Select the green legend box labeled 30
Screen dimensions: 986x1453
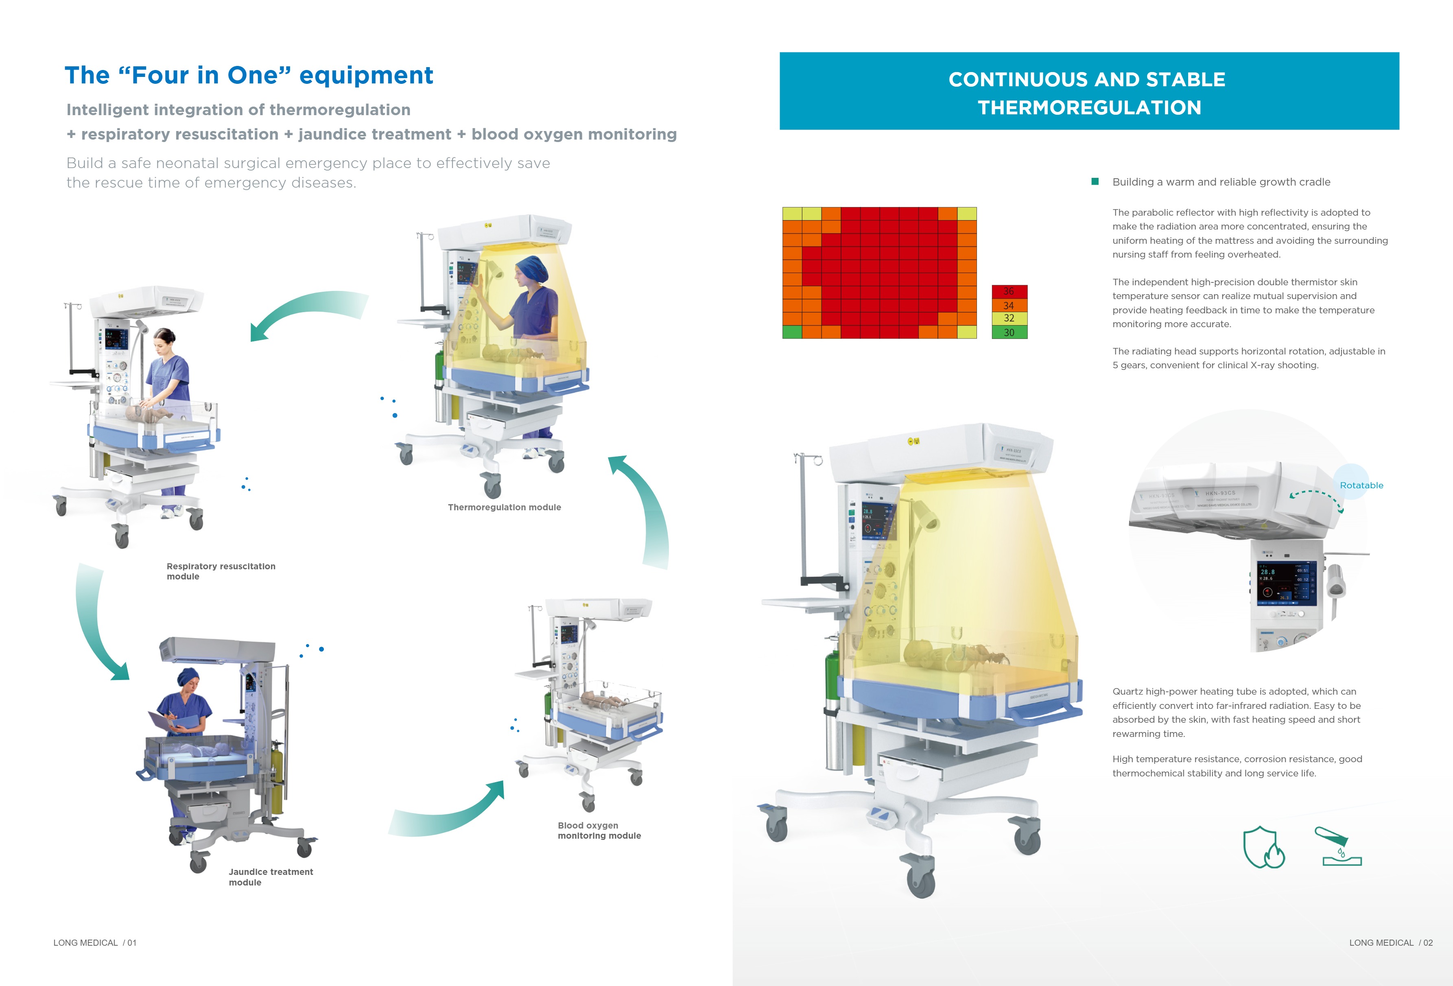(1009, 332)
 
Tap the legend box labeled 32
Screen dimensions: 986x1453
(1009, 318)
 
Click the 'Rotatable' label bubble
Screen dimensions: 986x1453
(1361, 485)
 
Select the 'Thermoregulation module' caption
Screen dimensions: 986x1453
(504, 507)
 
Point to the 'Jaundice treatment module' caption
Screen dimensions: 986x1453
(271, 877)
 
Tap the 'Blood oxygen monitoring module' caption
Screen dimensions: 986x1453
(599, 830)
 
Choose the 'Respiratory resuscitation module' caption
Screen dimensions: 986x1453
(221, 571)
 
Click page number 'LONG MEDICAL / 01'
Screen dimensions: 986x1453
(95, 942)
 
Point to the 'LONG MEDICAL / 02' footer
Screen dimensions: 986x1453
(1390, 942)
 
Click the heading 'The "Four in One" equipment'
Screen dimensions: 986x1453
(249, 76)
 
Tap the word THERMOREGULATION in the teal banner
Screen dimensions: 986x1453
(1089, 107)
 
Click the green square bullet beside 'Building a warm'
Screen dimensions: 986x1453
(1095, 181)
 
